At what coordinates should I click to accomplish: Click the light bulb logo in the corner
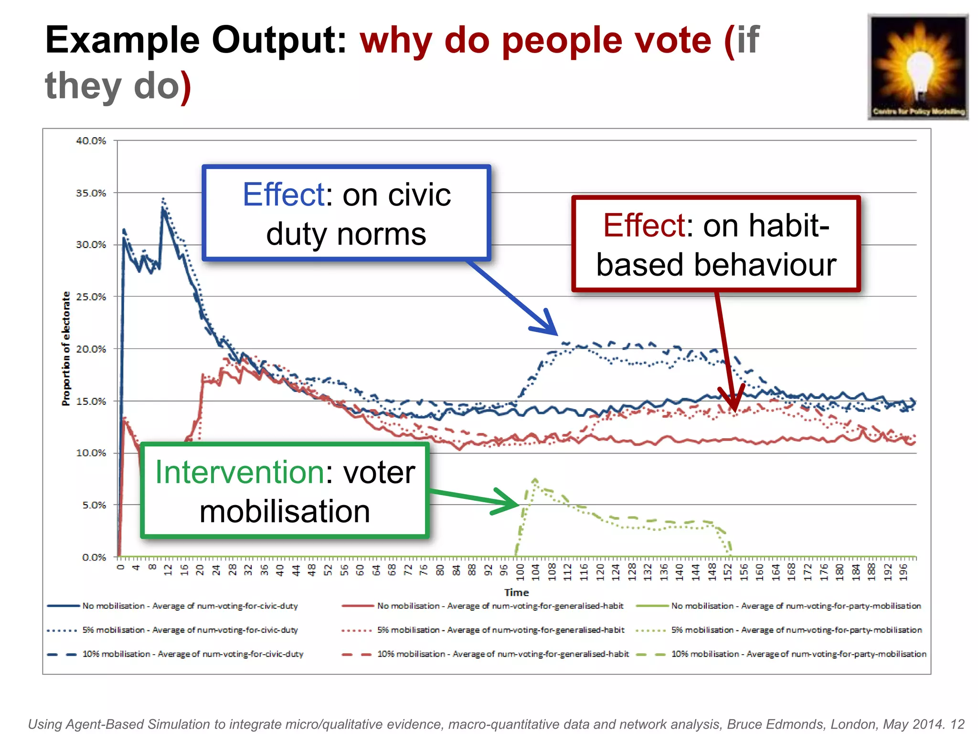coord(917,67)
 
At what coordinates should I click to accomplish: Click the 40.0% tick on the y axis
coord(91,140)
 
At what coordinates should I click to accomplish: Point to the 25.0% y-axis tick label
coord(91,297)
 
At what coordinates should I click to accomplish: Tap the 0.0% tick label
coord(94,557)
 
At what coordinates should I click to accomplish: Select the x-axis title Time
coord(516,593)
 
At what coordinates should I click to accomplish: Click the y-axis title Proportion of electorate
coord(66,349)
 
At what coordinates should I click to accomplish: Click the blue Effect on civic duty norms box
coord(346,213)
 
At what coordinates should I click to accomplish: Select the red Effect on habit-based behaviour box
coord(716,244)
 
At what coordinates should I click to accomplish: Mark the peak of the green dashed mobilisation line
coord(535,479)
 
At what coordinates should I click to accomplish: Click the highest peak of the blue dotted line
coord(163,198)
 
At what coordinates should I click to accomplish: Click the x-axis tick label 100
coord(520,572)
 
